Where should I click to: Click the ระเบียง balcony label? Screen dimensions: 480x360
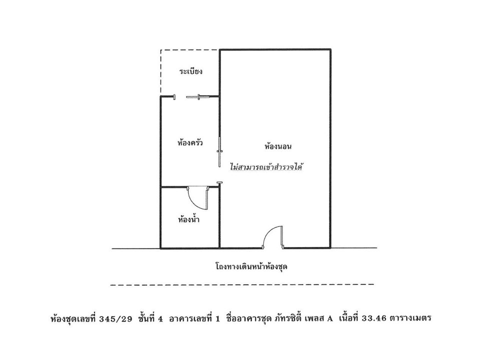click(190, 72)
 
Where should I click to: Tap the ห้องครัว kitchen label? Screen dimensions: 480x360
click(190, 143)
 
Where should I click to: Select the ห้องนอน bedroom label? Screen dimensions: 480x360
click(278, 146)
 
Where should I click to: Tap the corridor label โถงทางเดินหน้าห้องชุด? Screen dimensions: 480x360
click(251, 266)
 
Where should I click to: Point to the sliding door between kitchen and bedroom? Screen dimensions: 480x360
click(219, 152)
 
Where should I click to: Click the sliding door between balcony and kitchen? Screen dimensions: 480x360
click(198, 97)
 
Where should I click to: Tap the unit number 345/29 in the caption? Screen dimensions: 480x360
click(116, 318)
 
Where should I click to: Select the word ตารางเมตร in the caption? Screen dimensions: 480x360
click(410, 318)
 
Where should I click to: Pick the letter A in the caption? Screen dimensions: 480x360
click(329, 318)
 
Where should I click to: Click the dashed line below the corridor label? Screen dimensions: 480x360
click(242, 284)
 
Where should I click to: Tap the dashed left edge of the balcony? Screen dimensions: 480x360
click(161, 72)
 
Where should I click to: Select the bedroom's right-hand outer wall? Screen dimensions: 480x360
click(330, 148)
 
